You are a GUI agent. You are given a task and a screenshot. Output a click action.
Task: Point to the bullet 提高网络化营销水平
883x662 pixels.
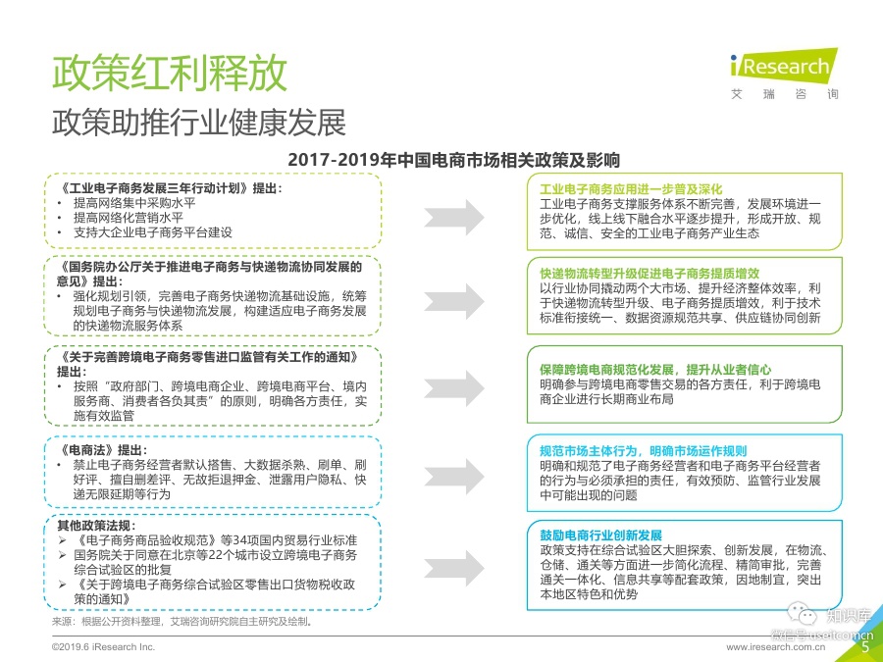tap(129, 217)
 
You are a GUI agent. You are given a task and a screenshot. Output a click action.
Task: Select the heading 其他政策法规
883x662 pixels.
tap(92, 526)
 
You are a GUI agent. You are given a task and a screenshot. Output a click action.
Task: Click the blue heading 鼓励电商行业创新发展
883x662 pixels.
tap(600, 535)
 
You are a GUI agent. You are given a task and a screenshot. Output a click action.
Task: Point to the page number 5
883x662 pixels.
tap(864, 646)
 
